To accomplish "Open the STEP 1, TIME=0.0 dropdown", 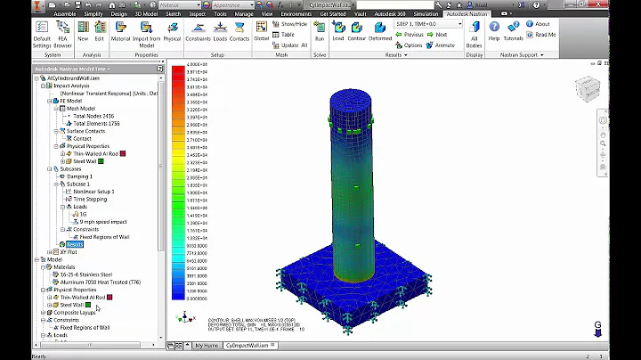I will click(x=428, y=24).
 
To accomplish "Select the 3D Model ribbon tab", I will click(x=144, y=14).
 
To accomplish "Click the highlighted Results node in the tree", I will click(x=75, y=243).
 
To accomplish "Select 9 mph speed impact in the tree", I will click(x=103, y=221).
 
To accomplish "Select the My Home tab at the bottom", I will click(x=207, y=344).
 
